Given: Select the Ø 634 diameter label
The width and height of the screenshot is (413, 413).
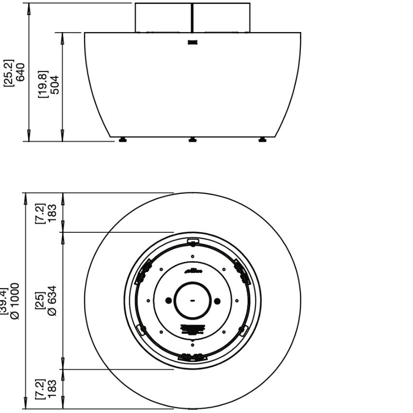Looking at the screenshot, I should point(52,300).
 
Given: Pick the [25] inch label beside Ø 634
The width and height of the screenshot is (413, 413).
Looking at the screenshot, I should point(42,300).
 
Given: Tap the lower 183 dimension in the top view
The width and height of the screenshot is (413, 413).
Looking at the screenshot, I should point(52,389).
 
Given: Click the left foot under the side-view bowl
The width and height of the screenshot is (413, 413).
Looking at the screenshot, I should point(122,140).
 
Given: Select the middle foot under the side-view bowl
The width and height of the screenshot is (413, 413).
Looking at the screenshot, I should point(193,140).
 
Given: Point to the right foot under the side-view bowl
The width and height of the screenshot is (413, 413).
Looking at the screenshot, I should point(263,140).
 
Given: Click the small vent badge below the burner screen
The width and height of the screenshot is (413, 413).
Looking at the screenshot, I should point(193,42).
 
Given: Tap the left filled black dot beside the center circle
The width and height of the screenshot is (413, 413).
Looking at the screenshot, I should point(168,301).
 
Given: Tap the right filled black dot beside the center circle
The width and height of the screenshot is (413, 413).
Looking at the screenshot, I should point(217,301).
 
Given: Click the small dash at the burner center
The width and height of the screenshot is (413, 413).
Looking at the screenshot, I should point(193,301).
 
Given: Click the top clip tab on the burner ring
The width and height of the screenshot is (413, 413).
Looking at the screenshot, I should point(193,241).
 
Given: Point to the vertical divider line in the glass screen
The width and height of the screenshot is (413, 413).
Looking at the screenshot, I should point(192,18).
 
